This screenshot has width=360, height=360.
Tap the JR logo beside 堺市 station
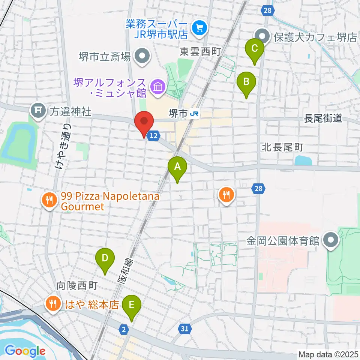pyautogui.click(x=194, y=112)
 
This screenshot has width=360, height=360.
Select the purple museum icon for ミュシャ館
pyautogui.click(x=156, y=87)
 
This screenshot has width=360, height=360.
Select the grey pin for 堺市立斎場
pyautogui.click(x=142, y=57)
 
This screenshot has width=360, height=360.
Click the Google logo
pyautogui.click(x=25, y=351)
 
